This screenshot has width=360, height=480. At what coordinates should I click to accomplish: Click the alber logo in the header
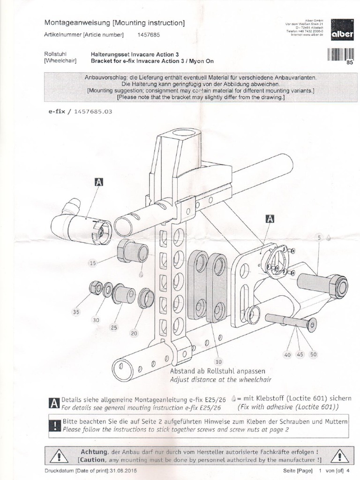click(342, 30)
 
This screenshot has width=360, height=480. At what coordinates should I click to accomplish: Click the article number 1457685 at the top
click(149, 35)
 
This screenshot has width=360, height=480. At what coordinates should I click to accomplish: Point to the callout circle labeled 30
click(96, 320)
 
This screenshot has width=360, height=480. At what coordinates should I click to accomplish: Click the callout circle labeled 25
click(114, 327)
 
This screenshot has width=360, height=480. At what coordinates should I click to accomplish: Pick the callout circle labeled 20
click(135, 333)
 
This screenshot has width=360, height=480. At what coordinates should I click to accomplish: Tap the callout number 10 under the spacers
click(218, 361)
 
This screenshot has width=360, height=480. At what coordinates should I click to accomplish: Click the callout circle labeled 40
click(287, 355)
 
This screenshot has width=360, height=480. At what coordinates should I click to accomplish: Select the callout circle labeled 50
click(313, 355)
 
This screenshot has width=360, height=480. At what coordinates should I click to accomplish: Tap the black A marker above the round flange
click(270, 218)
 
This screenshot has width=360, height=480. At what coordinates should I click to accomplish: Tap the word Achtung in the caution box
click(94, 451)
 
